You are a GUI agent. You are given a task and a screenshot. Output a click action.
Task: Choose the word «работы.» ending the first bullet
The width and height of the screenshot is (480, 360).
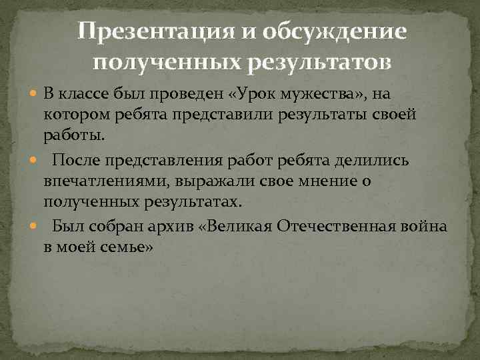coord(74,137)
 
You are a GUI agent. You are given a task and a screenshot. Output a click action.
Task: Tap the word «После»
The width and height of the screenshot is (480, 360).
coord(78,160)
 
